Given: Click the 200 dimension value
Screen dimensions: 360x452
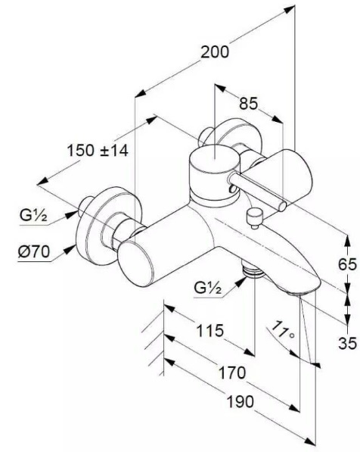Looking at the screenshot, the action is point(215,52).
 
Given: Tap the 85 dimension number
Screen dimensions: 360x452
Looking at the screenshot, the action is point(249,104).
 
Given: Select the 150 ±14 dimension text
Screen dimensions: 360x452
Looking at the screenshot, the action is point(98,151).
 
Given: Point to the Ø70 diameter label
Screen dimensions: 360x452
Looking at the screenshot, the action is point(34,251).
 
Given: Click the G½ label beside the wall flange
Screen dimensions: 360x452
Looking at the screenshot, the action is point(33,215).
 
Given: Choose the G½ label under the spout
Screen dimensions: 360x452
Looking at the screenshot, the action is point(208,288).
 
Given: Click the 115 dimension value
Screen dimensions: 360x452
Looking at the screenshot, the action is point(209,331).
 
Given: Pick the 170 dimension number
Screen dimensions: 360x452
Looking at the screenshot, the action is point(232,373).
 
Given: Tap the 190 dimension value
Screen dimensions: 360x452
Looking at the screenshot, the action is point(241,401).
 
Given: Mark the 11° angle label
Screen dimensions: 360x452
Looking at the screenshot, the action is point(284,331).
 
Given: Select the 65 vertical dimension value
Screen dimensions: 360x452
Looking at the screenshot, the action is point(347,264).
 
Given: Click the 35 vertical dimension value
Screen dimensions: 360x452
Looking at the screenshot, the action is point(347,343).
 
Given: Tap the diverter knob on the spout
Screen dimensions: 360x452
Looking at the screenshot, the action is point(253,219).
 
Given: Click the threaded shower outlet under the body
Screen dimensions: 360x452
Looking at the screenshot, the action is point(253,272).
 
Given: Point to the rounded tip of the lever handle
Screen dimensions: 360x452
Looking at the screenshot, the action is point(282,206).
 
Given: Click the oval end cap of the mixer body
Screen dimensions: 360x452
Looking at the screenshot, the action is point(135,263).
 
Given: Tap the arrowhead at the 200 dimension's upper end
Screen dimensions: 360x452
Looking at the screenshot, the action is point(289,10).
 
